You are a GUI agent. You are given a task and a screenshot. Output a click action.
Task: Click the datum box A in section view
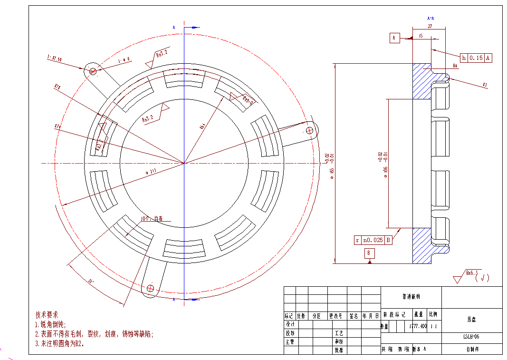pos(395,39)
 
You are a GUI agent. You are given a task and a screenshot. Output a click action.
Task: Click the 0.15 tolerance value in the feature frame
pos(476,58)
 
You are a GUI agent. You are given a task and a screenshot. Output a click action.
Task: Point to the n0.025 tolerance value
pos(373,240)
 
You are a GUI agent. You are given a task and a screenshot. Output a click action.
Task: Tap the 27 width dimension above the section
pos(430,27)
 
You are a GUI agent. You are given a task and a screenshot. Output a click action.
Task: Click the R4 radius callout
pos(455,66)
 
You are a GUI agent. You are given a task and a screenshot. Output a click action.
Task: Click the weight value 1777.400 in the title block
pos(418,327)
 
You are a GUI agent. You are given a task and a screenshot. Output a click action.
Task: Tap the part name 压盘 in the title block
pos(471,320)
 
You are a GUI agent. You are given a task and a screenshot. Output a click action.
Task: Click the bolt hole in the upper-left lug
pos(93,71)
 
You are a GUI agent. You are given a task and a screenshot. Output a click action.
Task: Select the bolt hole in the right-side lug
pos(310,129)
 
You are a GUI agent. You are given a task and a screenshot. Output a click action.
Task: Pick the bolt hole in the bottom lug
pos(151,288)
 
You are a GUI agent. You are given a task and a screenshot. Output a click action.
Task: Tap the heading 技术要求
pos(47,315)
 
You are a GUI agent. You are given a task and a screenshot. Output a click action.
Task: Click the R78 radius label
pos(57,87)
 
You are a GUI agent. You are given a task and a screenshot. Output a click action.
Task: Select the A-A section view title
pos(430,18)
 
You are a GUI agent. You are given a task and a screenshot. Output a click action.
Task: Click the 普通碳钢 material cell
pos(411,297)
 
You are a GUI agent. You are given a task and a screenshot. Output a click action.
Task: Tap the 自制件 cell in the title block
pos(471,350)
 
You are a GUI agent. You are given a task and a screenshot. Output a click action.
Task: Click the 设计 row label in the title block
pos(289,324)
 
